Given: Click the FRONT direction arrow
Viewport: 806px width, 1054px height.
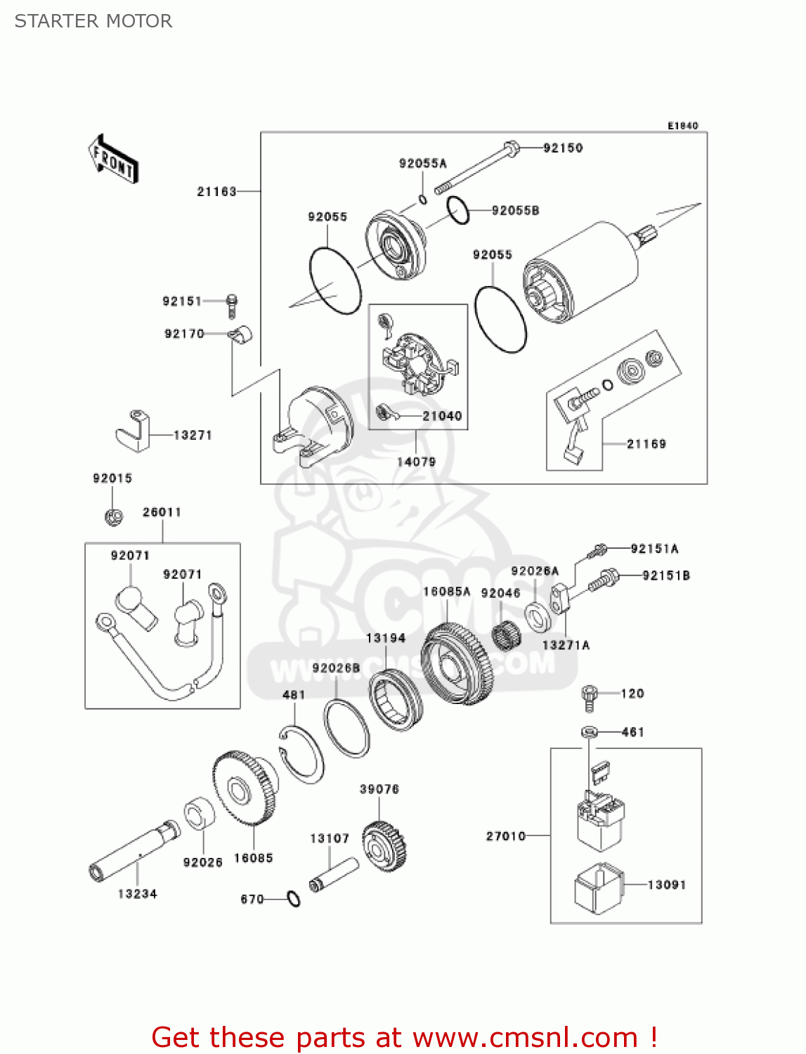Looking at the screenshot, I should [x=113, y=160].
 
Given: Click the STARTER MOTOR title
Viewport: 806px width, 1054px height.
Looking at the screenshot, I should [x=93, y=21].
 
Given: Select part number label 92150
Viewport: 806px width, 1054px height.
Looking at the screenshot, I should [x=563, y=148].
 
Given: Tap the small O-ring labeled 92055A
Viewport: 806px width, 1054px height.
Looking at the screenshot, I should [x=423, y=200].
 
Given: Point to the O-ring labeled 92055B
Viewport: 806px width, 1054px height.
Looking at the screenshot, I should [x=458, y=211].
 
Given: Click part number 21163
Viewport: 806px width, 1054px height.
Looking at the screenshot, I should [x=216, y=192].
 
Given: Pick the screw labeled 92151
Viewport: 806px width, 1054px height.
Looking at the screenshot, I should [x=232, y=305].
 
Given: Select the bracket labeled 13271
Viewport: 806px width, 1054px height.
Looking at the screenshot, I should [x=134, y=431].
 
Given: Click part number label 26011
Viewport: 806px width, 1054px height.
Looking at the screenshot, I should [x=162, y=512].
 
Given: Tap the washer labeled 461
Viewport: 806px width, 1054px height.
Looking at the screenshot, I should [x=590, y=733].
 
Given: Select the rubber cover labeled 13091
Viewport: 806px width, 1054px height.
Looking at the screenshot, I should [x=599, y=888].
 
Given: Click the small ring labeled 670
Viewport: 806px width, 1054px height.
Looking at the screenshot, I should [x=293, y=899].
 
